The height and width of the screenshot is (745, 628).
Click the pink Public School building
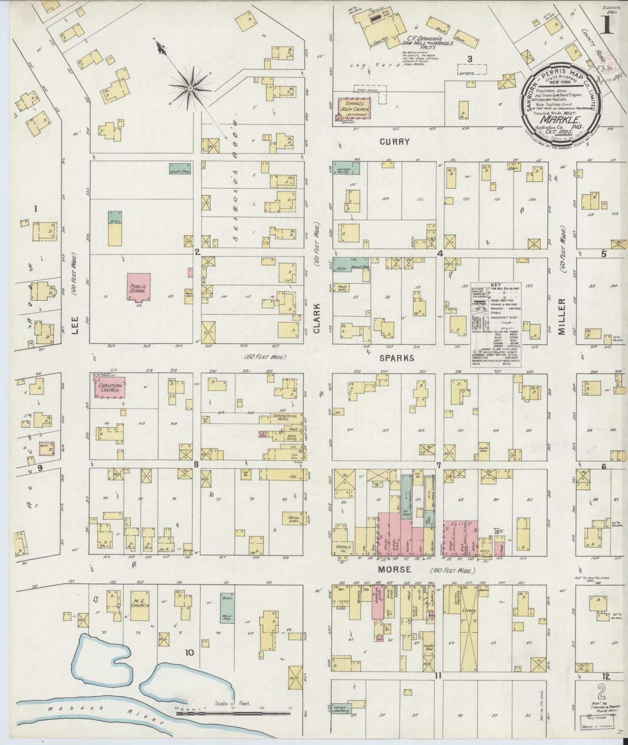coord(139,286)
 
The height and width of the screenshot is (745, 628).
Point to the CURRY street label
coord(394,142)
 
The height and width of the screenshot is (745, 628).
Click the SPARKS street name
coord(397,358)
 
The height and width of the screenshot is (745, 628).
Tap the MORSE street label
coord(394,569)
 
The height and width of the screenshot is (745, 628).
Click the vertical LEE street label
coord(75,324)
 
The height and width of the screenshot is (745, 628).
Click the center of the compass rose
coord(190,88)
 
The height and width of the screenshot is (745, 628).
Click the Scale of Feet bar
coord(233,713)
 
